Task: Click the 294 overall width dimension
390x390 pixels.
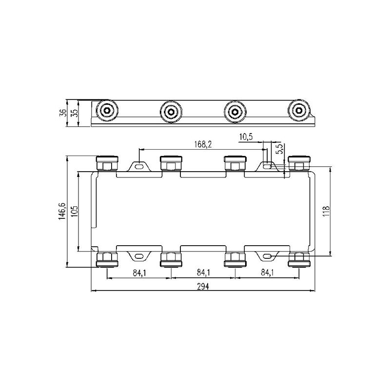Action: [x=203, y=287]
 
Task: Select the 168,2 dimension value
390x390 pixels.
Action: [x=203, y=144]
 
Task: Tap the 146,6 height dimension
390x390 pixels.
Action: [x=62, y=211]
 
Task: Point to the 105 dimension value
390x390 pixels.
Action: [x=75, y=211]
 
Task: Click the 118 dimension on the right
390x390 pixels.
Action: [x=326, y=211]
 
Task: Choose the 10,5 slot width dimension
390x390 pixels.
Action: [x=246, y=137]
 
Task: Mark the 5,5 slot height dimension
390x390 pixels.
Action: [x=280, y=149]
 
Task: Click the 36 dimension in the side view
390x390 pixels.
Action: [x=63, y=113]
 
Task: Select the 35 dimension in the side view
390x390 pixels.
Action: [x=75, y=113]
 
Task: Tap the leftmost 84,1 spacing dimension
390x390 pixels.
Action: [x=139, y=273]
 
